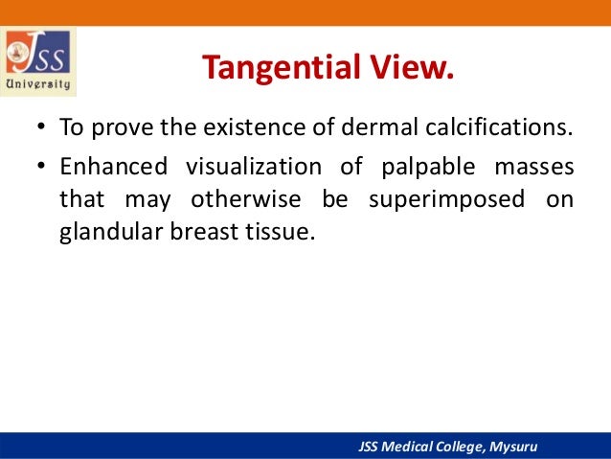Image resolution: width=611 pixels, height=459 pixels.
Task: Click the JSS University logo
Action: pos(40,60)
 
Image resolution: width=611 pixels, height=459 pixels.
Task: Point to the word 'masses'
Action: pos(533,167)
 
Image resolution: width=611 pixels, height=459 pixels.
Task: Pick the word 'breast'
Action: pos(197,233)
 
